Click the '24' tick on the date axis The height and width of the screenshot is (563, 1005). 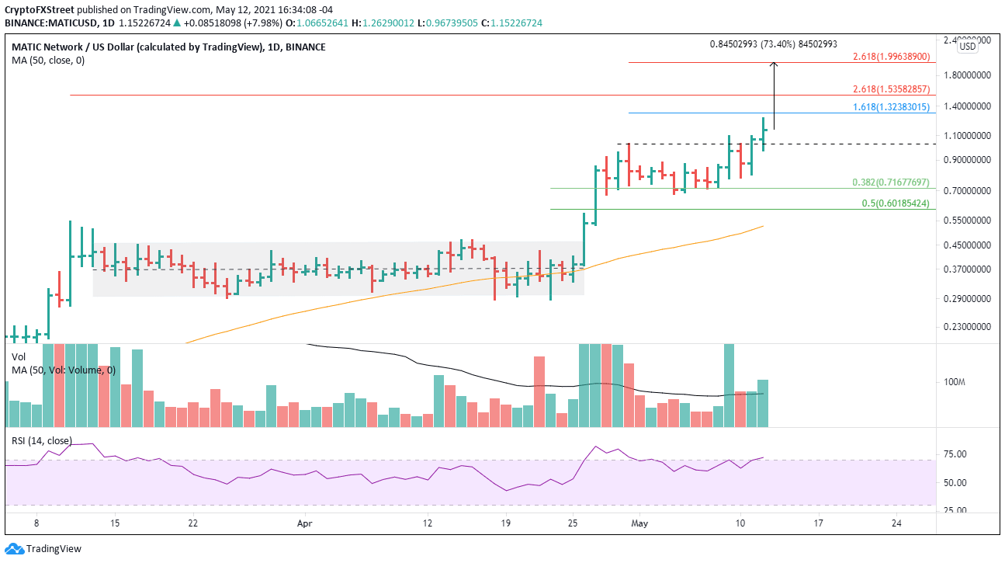coord(896,523)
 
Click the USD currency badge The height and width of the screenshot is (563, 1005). coord(968,47)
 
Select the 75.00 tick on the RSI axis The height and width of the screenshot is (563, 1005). coord(954,454)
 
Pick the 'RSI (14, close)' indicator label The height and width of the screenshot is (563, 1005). coord(41,441)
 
